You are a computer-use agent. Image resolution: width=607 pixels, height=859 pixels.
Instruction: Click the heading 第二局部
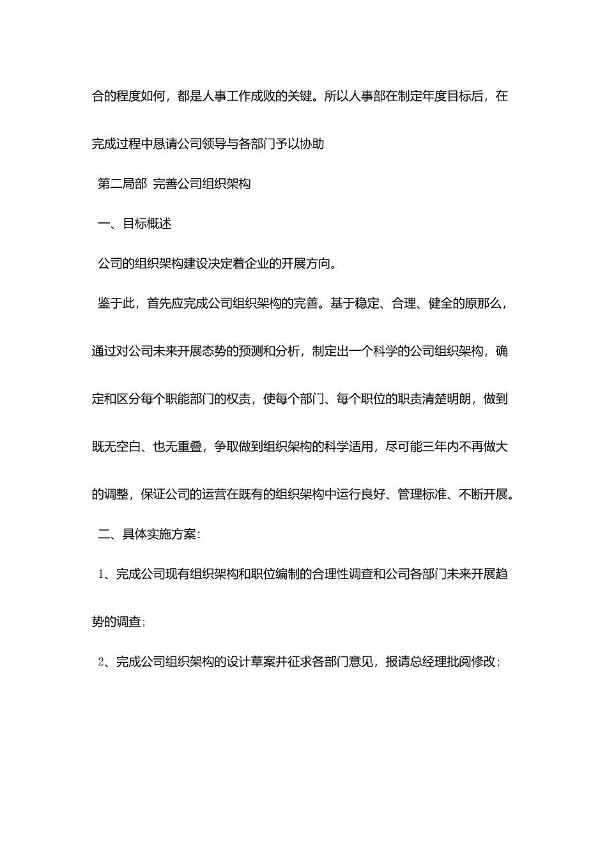(x=123, y=184)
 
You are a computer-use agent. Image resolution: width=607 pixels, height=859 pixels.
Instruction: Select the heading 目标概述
(x=147, y=224)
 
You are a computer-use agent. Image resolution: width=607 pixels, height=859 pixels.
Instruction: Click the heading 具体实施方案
(x=159, y=534)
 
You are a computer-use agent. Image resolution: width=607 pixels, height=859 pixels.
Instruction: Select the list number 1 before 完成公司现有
(x=101, y=574)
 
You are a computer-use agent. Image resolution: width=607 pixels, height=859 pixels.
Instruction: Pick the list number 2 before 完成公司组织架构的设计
(x=101, y=662)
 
